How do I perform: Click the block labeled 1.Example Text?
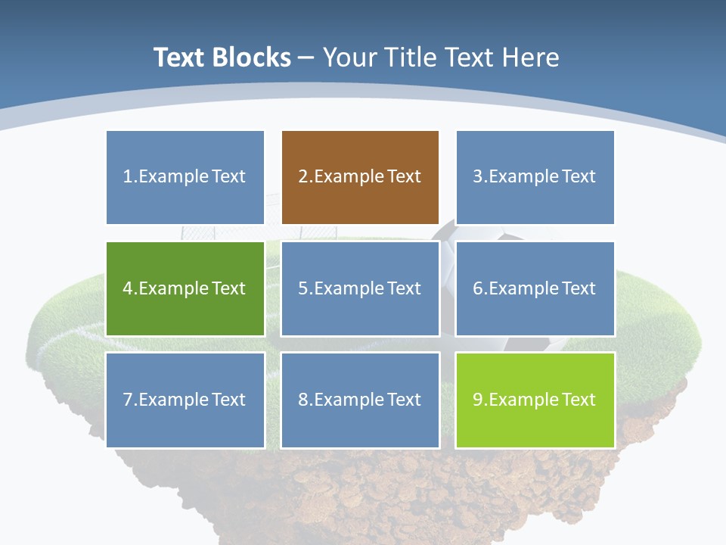(x=185, y=177)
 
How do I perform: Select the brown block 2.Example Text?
(x=360, y=177)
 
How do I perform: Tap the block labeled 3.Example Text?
(x=535, y=177)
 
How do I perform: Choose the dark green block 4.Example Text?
(x=185, y=288)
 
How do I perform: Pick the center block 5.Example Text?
(x=360, y=288)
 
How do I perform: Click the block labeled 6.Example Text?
(x=535, y=288)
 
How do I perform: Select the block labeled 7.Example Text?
(x=185, y=400)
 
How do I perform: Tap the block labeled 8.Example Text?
(x=360, y=400)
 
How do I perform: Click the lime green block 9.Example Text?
(x=535, y=400)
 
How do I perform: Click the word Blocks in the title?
(x=253, y=58)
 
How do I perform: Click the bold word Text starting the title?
(x=181, y=58)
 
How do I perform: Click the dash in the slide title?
(x=306, y=58)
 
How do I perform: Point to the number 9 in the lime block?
(x=477, y=400)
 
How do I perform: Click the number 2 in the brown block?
(x=302, y=177)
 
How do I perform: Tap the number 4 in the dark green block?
(x=128, y=288)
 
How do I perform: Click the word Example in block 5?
(x=349, y=288)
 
